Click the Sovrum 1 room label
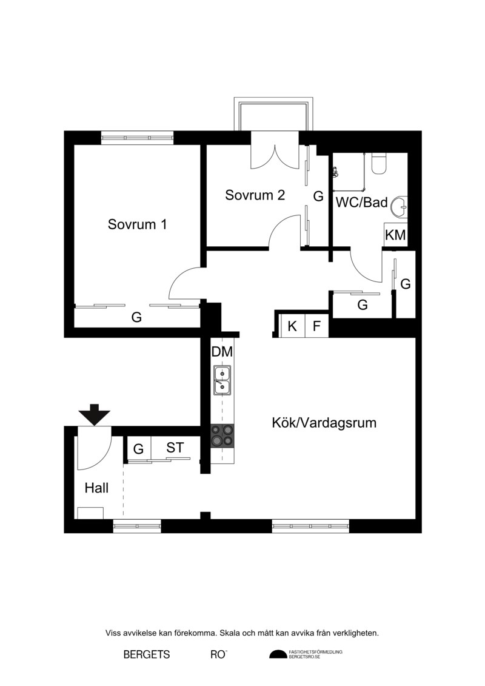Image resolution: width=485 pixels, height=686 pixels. click(x=138, y=224)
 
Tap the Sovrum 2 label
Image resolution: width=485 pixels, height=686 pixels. click(x=255, y=195)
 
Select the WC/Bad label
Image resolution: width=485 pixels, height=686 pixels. click(x=362, y=202)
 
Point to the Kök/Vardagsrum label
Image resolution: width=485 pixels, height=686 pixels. click(x=324, y=423)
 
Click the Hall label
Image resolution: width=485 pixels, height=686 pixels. click(x=96, y=488)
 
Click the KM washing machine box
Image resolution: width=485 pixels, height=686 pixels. click(x=396, y=235)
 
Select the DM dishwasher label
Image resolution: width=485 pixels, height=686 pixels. click(x=222, y=352)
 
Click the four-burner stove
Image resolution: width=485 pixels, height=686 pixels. click(x=222, y=435)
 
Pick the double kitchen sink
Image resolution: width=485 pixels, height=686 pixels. click(x=222, y=381)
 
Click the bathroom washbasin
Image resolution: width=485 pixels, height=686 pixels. click(x=400, y=206)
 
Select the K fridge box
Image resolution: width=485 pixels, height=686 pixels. click(x=292, y=326)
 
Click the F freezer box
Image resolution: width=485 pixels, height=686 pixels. click(x=316, y=326)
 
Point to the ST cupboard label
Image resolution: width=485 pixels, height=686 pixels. click(x=175, y=448)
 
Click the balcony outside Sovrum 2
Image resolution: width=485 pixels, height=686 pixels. click(x=274, y=114)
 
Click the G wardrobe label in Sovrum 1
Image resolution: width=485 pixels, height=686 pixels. click(x=136, y=317)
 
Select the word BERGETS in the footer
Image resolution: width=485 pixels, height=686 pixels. click(x=147, y=654)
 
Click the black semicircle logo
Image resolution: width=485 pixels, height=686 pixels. click(x=278, y=654)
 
